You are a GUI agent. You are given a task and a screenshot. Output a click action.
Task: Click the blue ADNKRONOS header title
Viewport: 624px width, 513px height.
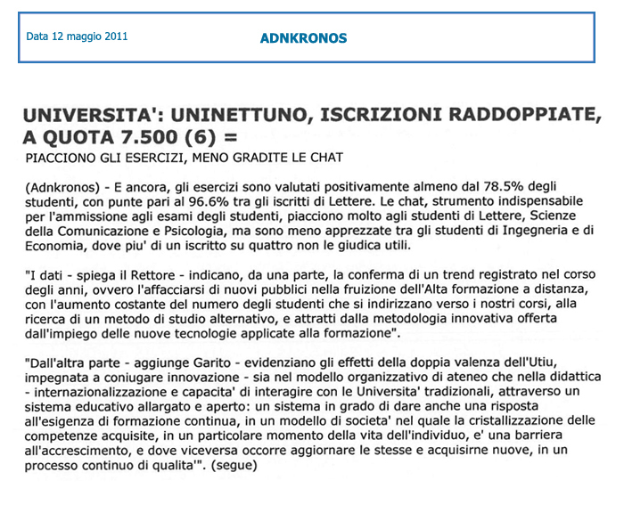(303, 38)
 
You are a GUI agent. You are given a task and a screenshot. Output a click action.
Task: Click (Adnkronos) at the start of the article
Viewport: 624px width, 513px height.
(61, 189)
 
